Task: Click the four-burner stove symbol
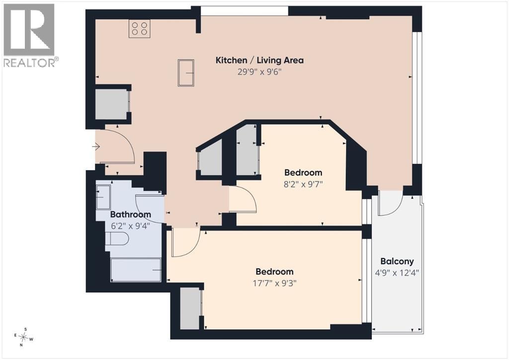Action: point(140,28)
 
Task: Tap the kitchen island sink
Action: point(186,73)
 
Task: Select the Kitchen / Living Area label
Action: point(259,60)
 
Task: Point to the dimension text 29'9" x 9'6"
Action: point(259,72)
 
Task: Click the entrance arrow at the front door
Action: point(96,147)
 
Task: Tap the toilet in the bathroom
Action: point(117,239)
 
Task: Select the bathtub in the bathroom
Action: point(136,270)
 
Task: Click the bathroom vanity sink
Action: point(104,197)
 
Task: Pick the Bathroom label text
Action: point(131,214)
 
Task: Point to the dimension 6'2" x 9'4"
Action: point(130,226)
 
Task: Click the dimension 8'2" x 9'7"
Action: point(303,184)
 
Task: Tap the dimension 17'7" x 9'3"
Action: point(274,283)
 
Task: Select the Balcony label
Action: point(397,262)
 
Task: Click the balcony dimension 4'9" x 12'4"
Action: point(397,273)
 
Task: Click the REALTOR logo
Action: point(29,35)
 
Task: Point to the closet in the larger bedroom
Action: point(190,309)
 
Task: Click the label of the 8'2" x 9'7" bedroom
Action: point(303,173)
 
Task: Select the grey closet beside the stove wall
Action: point(111,105)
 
